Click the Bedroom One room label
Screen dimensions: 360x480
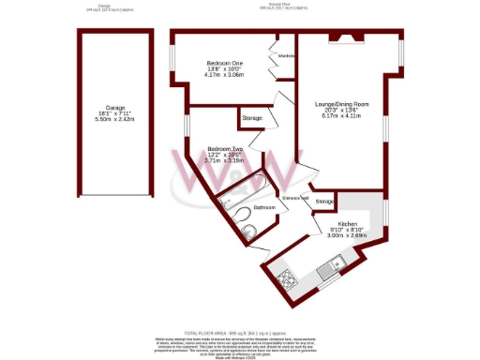click(x=224, y=63)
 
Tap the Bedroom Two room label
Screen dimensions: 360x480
click(x=225, y=148)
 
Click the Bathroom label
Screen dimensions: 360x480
click(x=263, y=207)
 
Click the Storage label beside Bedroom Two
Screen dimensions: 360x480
click(x=251, y=118)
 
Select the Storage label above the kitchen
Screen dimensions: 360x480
click(x=324, y=202)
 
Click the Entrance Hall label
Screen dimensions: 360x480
click(x=298, y=198)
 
